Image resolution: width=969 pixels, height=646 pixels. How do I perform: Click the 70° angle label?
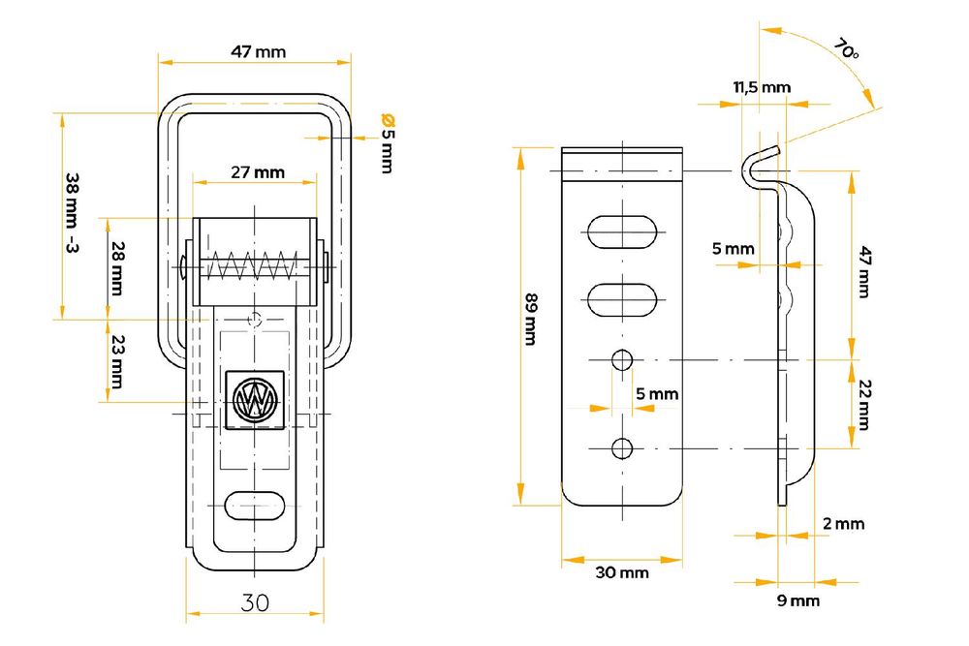845,48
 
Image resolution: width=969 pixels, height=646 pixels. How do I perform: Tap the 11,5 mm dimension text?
762,88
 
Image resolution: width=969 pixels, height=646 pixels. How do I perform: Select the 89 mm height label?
530,319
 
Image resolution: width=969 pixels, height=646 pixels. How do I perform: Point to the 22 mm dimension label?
864,405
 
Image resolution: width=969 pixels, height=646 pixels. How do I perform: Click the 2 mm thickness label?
843,524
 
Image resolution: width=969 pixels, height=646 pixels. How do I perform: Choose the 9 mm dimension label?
797,600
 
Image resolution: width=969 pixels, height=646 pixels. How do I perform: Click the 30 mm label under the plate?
622,572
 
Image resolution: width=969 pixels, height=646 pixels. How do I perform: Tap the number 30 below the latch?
255,602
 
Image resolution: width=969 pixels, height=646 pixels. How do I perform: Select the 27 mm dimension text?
258,172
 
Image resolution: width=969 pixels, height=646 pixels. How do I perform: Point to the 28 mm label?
117,268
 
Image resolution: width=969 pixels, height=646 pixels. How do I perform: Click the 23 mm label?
117,362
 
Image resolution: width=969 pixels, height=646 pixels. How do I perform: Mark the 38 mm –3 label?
73,213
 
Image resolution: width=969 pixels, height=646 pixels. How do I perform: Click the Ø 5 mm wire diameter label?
388,142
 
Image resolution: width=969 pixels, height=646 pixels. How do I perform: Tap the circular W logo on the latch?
255,399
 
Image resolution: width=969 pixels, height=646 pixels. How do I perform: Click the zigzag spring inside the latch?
252,265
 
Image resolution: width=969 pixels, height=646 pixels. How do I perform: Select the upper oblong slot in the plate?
622,231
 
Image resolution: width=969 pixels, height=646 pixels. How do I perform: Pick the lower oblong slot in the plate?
622,299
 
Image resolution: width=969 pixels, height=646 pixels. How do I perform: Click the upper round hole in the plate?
622,360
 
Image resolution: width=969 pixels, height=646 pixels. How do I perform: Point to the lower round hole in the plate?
622,448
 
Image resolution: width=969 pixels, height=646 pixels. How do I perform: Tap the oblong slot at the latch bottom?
254,506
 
